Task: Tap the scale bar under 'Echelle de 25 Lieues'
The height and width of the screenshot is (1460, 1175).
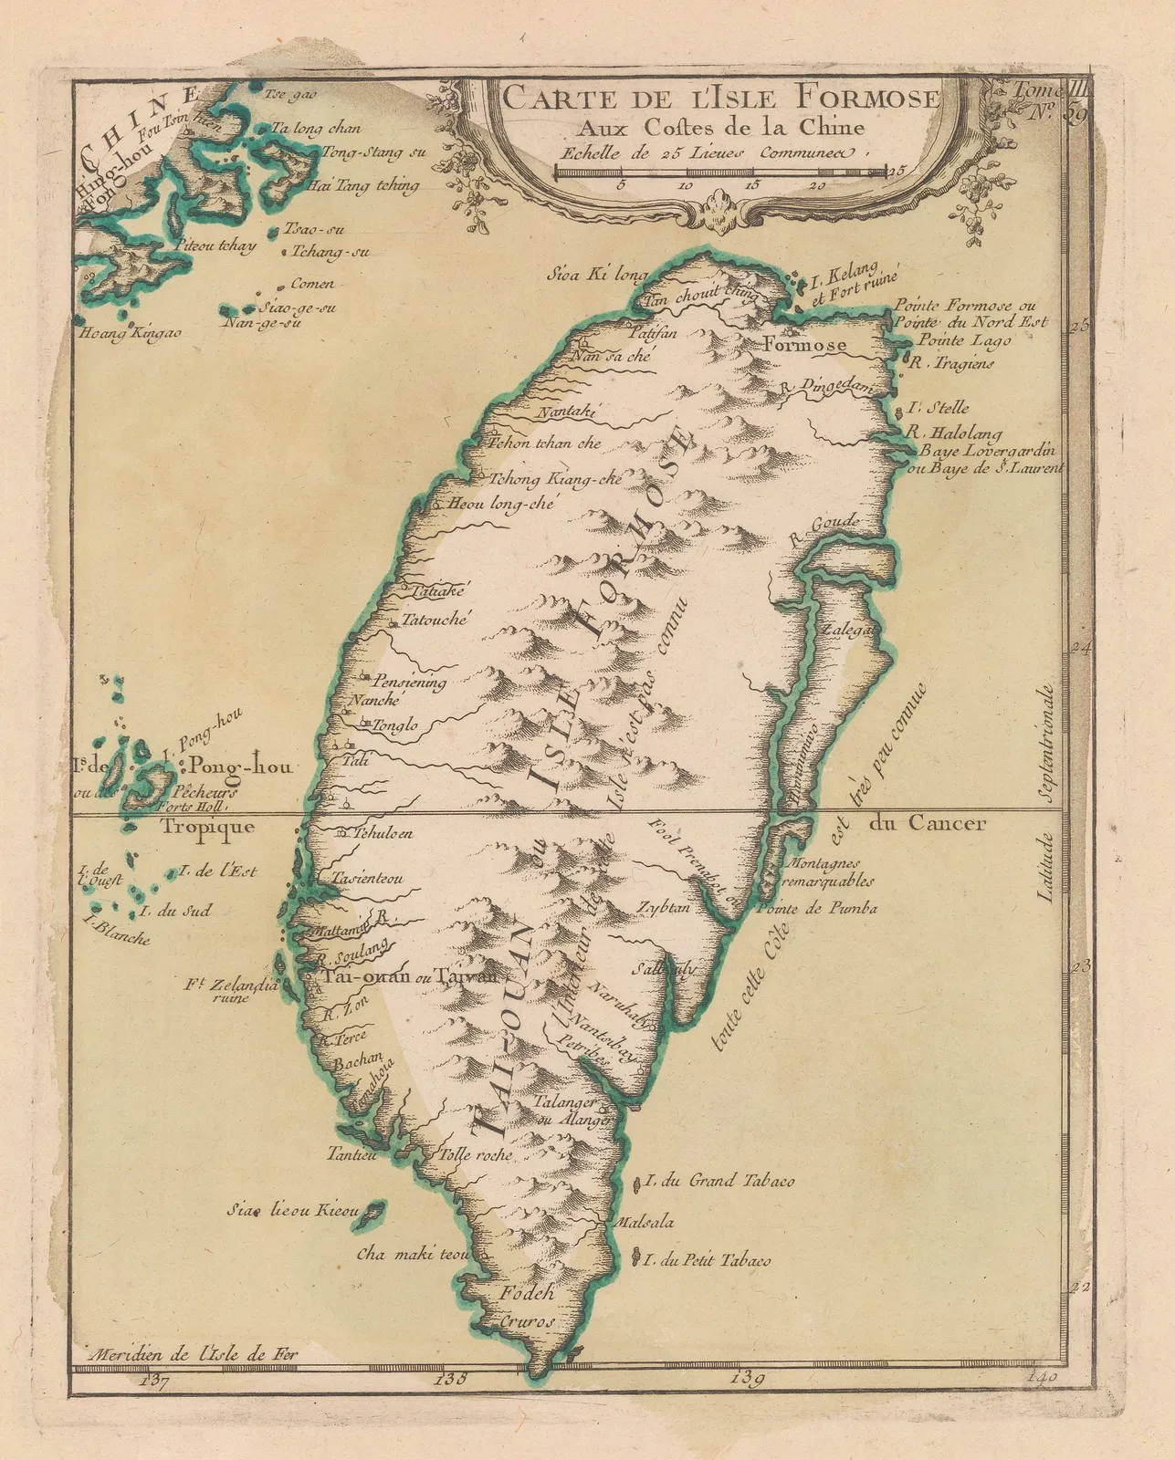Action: [x=720, y=171]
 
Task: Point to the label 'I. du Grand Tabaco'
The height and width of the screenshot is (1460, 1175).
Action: [x=719, y=1181]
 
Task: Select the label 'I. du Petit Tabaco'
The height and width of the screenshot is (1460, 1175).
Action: [x=707, y=1261]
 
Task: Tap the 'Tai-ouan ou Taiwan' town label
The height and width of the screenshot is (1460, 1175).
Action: [x=409, y=975]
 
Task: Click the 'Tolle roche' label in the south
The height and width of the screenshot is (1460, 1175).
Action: [x=476, y=1154]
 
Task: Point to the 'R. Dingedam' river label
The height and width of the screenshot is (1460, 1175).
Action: [x=827, y=387]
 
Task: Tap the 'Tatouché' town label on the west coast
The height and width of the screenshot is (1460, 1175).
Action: [x=435, y=620]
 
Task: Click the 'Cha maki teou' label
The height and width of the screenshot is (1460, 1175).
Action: [x=414, y=1255]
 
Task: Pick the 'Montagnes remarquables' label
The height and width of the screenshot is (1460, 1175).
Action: [x=829, y=872]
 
